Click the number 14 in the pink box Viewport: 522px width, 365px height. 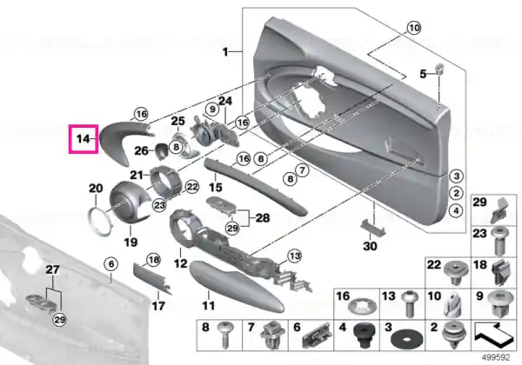pyautogui.click(x=83, y=139)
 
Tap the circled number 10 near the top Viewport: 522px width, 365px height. pyautogui.click(x=414, y=28)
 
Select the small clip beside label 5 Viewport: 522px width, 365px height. pyautogui.click(x=440, y=69)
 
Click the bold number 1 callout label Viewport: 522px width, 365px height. pyautogui.click(x=225, y=52)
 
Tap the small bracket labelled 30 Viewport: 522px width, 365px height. pyautogui.click(x=373, y=228)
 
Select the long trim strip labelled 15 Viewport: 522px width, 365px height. pyautogui.click(x=255, y=186)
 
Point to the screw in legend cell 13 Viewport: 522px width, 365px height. pyautogui.click(x=409, y=302)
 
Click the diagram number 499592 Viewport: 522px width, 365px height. pyautogui.click(x=496, y=358)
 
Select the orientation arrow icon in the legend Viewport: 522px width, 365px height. pyautogui.click(x=493, y=335)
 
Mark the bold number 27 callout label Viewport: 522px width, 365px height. pyautogui.click(x=53, y=269)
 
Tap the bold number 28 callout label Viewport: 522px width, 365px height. pyautogui.click(x=263, y=218)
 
